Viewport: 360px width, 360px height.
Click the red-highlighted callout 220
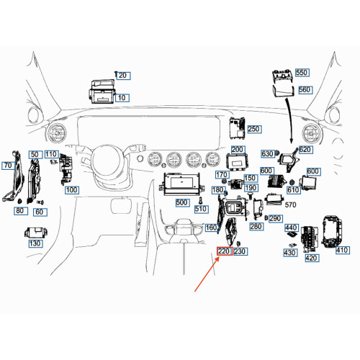click(x=225, y=251)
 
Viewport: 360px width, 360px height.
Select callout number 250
click(x=254, y=129)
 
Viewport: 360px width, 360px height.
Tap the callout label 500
click(x=182, y=202)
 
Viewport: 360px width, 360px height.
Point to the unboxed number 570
click(x=290, y=204)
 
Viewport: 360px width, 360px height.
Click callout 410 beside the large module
click(x=342, y=250)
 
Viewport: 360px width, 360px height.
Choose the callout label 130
click(x=35, y=243)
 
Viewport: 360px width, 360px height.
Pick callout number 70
click(x=9, y=166)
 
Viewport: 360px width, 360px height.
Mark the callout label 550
click(x=302, y=72)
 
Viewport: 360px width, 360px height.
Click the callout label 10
click(x=122, y=98)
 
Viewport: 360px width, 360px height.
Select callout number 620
click(x=305, y=150)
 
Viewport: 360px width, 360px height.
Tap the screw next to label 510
click(x=201, y=199)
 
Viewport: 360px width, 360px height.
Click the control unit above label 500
click(x=181, y=184)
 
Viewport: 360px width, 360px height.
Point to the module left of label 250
click(x=237, y=128)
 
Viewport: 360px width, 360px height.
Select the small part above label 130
click(x=36, y=233)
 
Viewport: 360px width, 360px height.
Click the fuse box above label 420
click(x=310, y=239)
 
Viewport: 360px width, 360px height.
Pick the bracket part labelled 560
click(x=284, y=91)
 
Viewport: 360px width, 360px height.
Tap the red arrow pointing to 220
click(x=207, y=274)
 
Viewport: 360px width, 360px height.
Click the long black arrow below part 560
click(x=289, y=120)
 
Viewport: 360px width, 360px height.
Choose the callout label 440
click(x=292, y=228)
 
